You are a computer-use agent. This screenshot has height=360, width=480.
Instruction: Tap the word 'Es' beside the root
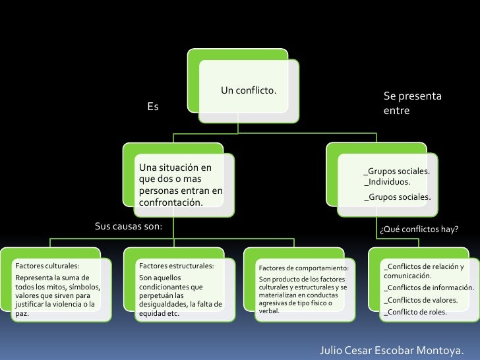153,106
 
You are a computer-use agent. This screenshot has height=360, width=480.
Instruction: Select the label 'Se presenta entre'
412,104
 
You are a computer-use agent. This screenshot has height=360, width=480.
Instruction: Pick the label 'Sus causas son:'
129,227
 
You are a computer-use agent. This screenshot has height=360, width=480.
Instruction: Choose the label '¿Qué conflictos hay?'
419,229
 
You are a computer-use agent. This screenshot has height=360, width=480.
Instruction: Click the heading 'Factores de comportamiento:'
303,268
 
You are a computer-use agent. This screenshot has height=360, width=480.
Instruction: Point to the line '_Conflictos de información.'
429,287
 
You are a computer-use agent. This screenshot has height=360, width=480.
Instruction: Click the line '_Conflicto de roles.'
415,312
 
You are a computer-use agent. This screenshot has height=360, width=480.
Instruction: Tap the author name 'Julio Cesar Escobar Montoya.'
391,348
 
